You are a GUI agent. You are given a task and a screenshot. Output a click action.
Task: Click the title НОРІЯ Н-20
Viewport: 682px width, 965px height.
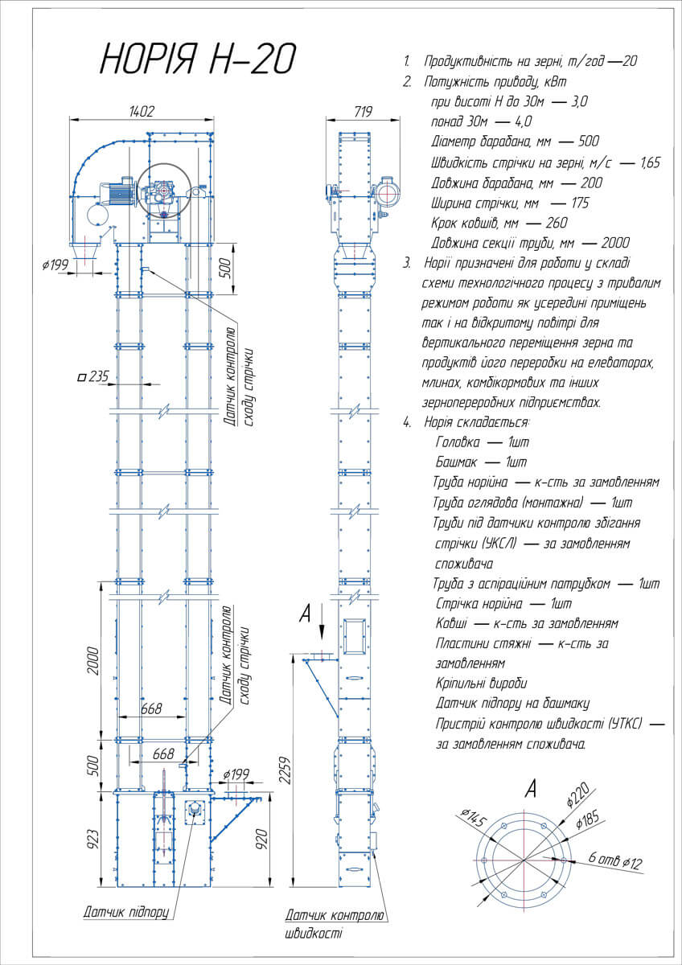click(x=198, y=58)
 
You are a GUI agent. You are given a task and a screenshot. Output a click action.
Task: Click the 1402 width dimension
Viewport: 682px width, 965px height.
click(x=142, y=112)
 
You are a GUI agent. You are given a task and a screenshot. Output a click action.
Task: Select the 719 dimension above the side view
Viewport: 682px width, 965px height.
click(x=363, y=112)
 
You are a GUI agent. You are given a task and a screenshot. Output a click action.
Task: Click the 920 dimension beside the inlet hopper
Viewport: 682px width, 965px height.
click(x=261, y=839)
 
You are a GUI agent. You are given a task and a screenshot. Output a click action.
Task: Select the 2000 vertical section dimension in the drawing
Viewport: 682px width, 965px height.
click(x=93, y=661)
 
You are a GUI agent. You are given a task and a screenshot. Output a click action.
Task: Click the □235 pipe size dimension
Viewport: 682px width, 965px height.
click(x=93, y=377)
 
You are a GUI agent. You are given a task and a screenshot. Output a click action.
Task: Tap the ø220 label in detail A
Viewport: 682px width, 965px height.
click(x=577, y=795)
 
